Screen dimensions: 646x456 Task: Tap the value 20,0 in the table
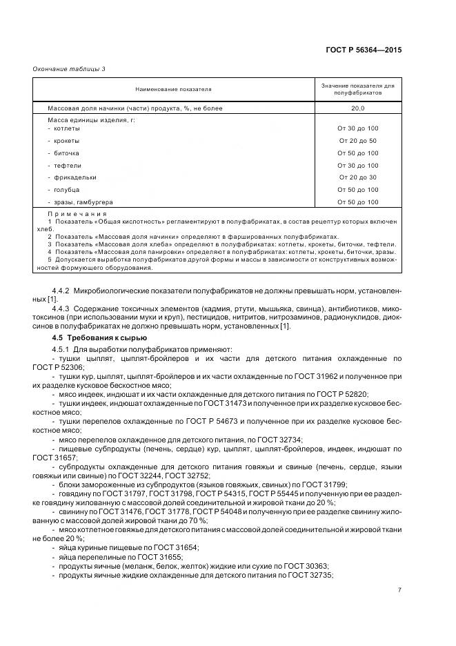[357, 109]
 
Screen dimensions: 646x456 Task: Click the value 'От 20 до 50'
[357, 141]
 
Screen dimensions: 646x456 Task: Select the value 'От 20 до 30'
[357, 177]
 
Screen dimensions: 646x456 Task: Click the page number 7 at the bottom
[399, 591]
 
